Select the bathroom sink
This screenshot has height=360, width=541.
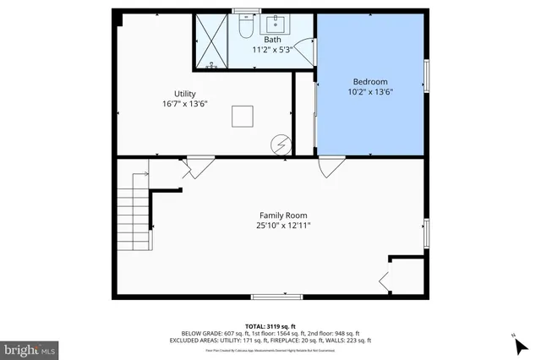(276, 24)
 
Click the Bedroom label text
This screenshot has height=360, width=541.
(370, 81)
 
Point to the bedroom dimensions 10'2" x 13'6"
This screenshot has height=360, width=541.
(370, 91)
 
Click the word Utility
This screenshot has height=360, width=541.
(185, 93)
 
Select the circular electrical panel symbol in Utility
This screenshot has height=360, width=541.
(280, 145)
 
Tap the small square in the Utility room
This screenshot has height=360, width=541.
(244, 116)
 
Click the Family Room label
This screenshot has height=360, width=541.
(282, 215)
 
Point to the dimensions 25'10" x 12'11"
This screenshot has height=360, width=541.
(282, 226)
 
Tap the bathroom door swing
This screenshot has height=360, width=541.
(307, 51)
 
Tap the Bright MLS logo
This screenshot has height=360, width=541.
(30, 347)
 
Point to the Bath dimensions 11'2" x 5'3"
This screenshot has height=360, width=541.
(272, 49)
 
